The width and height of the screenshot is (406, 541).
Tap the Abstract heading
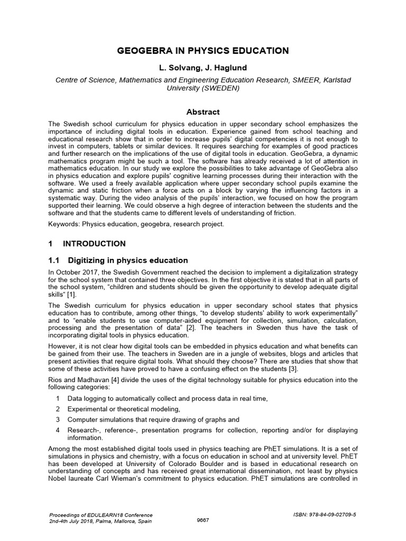[203, 112]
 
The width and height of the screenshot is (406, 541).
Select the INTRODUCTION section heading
[94, 244]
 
